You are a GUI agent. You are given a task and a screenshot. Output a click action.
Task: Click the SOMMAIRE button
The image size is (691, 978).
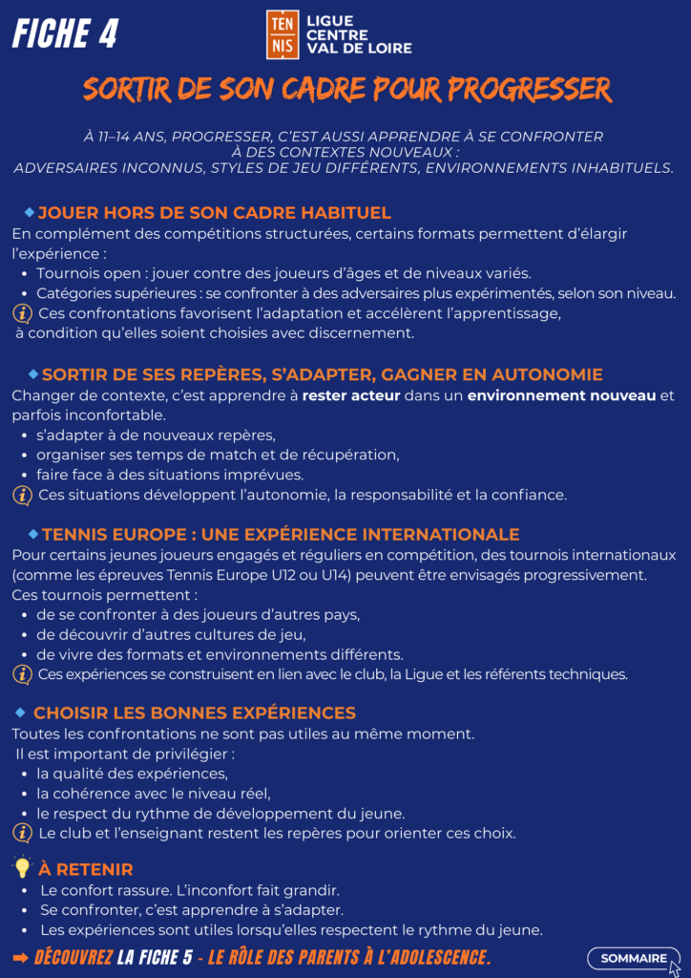pyautogui.click(x=634, y=958)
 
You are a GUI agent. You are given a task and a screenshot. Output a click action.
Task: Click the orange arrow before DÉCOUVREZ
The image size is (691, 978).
pyautogui.click(x=20, y=957)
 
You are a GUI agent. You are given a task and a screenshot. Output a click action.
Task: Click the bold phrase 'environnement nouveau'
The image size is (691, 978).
pyautogui.click(x=561, y=395)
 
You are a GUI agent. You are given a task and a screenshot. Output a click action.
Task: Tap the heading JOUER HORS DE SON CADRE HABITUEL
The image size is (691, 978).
pyautogui.click(x=214, y=212)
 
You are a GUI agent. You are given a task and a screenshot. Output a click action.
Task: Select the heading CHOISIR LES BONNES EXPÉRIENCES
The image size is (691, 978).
pyautogui.click(x=195, y=712)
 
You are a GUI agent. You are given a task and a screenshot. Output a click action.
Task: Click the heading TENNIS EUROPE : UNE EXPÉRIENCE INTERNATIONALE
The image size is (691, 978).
pyautogui.click(x=281, y=534)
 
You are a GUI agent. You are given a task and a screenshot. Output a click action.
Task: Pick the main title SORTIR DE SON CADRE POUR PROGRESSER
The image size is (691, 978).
pyautogui.click(x=345, y=90)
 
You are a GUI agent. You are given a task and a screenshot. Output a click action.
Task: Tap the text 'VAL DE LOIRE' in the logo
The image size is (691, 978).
pyautogui.click(x=359, y=48)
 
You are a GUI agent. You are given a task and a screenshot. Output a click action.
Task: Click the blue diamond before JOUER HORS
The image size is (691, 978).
pyautogui.click(x=29, y=211)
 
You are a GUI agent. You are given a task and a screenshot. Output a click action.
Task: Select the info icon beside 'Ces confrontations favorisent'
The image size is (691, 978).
pyautogui.click(x=22, y=313)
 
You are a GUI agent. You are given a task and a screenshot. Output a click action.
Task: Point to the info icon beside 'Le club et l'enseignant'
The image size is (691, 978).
pyautogui.click(x=22, y=833)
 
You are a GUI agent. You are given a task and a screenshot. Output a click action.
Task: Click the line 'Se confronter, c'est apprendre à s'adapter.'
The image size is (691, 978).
pyautogui.click(x=192, y=910)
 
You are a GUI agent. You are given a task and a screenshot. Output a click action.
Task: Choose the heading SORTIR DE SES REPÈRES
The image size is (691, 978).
pyautogui.click(x=322, y=374)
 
